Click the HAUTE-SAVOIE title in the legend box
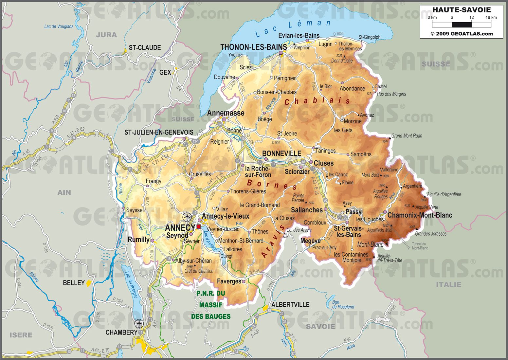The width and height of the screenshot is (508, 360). (x=461, y=10)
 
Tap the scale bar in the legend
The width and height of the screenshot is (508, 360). (x=462, y=25)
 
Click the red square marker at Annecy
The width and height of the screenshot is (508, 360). (x=199, y=226)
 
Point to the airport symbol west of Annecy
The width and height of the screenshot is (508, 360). (x=187, y=217)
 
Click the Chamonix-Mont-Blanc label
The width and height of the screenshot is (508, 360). (x=420, y=215)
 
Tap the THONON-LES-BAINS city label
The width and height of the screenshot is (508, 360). (x=253, y=47)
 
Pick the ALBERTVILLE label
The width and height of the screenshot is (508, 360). (x=290, y=305)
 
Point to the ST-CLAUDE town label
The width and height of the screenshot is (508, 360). (x=145, y=48)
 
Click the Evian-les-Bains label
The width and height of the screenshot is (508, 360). (x=299, y=35)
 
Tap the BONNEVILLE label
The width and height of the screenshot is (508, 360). (x=281, y=153)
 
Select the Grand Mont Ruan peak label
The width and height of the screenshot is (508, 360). (x=407, y=136)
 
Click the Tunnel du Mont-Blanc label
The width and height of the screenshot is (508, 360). (x=419, y=246)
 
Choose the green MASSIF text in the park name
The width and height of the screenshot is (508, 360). (x=211, y=305)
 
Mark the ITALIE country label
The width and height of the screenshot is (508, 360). (x=448, y=285)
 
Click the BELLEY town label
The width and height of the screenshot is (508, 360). (x=74, y=283)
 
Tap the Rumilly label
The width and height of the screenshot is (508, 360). (x=138, y=240)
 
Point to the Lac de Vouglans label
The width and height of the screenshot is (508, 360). (x=59, y=27)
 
